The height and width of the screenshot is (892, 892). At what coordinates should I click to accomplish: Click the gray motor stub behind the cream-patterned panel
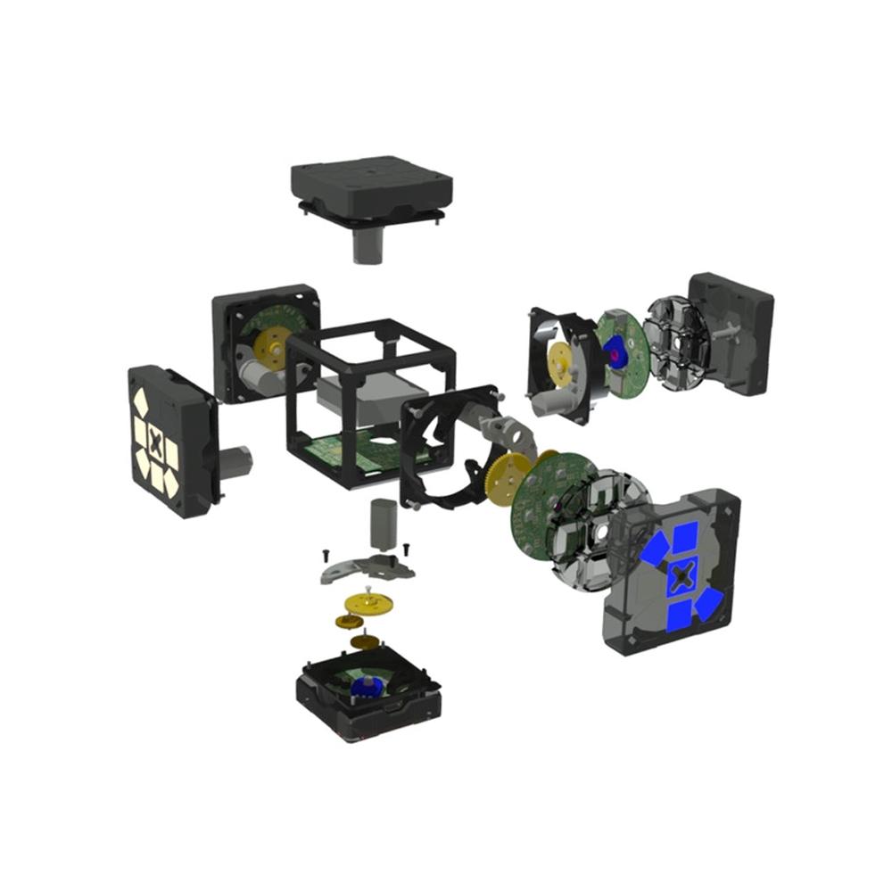point(236,462)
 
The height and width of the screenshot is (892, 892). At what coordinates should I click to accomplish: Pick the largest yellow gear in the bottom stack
point(368,604)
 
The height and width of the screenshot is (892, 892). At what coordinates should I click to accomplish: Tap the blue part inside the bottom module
point(364,685)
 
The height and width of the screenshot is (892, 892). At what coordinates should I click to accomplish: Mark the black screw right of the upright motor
point(407,546)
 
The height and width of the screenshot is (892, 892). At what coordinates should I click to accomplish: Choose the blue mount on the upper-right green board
point(615,351)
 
